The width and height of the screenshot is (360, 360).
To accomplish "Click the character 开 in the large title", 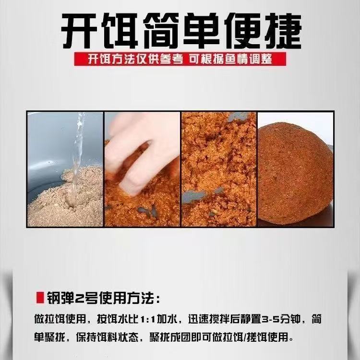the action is tap(79, 31).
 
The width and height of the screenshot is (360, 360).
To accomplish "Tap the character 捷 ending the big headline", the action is tap(283, 31).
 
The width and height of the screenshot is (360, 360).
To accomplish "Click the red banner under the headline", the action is tap(180, 59).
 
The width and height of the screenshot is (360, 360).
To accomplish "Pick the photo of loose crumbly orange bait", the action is tap(219, 169).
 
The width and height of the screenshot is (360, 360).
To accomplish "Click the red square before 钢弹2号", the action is tap(40, 298).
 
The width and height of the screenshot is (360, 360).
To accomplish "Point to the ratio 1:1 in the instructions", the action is tap(147, 319).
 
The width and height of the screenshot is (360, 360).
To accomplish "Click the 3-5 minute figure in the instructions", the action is tap(271, 319).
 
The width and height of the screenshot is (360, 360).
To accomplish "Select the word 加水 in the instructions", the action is tap(167, 319).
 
